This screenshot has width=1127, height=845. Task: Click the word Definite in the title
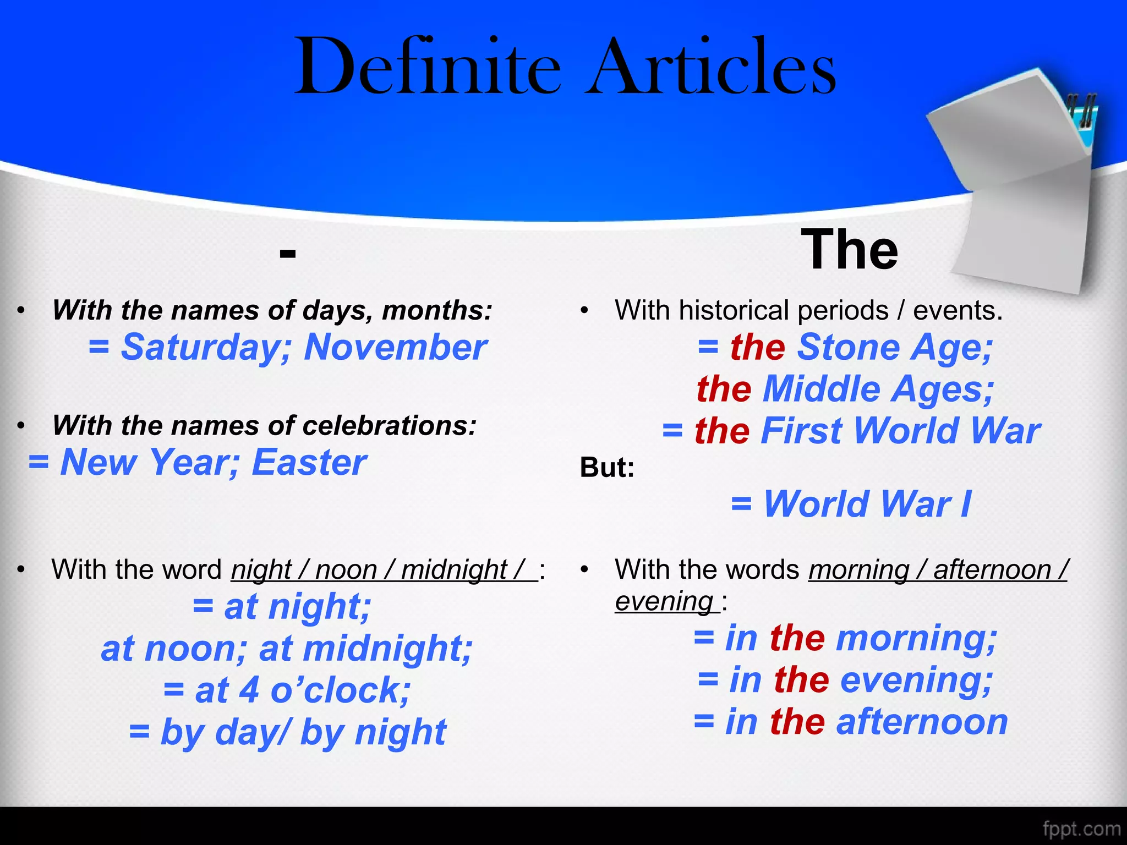428,67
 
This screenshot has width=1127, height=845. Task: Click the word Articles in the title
710,67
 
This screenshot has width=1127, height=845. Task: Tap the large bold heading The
849,250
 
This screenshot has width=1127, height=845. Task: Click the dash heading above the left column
287,254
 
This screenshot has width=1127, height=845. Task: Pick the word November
395,348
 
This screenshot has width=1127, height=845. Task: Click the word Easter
309,462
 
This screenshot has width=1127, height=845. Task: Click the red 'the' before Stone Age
757,348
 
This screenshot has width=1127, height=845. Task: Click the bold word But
607,467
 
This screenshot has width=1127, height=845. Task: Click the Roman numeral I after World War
965,504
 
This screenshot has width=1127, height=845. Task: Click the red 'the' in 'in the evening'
801,680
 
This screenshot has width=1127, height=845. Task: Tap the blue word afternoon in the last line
922,722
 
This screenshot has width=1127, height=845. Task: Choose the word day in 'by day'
247,732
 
